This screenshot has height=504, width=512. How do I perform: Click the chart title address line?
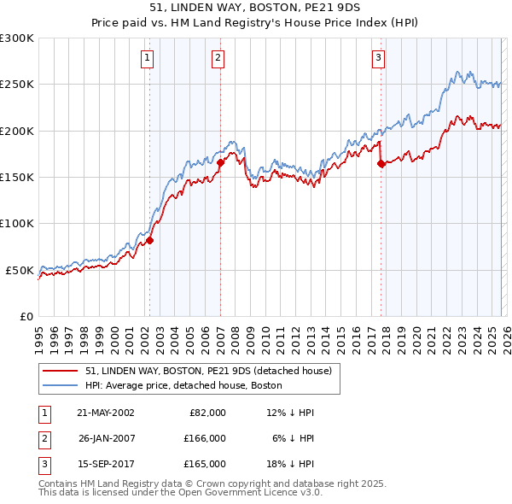[256, 8]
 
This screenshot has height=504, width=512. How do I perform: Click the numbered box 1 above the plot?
[148, 58]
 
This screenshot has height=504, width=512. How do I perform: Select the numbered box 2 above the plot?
[218, 58]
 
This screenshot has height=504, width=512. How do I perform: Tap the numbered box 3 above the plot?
[378, 58]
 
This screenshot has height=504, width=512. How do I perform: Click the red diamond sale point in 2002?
[149, 241]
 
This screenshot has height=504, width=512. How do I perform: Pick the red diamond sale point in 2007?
[220, 162]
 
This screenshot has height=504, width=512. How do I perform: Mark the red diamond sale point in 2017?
[381, 164]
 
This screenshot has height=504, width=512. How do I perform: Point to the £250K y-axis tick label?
[17, 85]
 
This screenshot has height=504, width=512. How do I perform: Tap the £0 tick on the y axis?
[26, 316]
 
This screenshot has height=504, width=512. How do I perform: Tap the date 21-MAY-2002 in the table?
[106, 413]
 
